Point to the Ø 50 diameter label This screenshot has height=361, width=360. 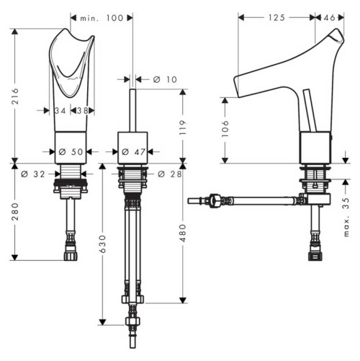[x=71, y=152]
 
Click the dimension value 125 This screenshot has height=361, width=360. [x=275, y=16]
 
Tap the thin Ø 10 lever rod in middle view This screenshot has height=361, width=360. [x=134, y=108]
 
